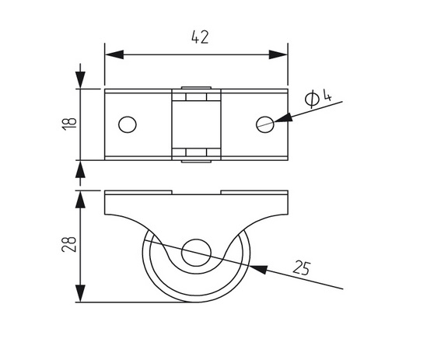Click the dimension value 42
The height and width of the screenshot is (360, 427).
200,37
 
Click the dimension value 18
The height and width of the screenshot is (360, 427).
70,124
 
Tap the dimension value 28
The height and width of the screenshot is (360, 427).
69,244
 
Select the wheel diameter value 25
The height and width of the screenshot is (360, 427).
302,267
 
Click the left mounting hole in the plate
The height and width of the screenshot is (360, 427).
128,124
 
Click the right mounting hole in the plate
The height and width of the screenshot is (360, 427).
265,124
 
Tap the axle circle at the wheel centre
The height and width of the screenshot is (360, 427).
196,253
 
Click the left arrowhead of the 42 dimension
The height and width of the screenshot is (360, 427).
114,54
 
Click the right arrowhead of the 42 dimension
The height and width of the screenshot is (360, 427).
278,54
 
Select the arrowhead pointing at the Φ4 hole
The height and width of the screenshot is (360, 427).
283,118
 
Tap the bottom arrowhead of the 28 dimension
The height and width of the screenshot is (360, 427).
80,293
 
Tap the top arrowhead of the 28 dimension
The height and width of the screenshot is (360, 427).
80,200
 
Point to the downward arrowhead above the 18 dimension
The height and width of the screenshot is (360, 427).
80,80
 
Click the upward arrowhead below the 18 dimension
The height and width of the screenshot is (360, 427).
80,169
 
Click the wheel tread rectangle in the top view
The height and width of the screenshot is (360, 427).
196,124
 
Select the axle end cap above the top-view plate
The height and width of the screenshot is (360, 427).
196,88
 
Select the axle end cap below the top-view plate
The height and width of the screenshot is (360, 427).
196,161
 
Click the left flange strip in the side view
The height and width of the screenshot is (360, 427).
138,193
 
